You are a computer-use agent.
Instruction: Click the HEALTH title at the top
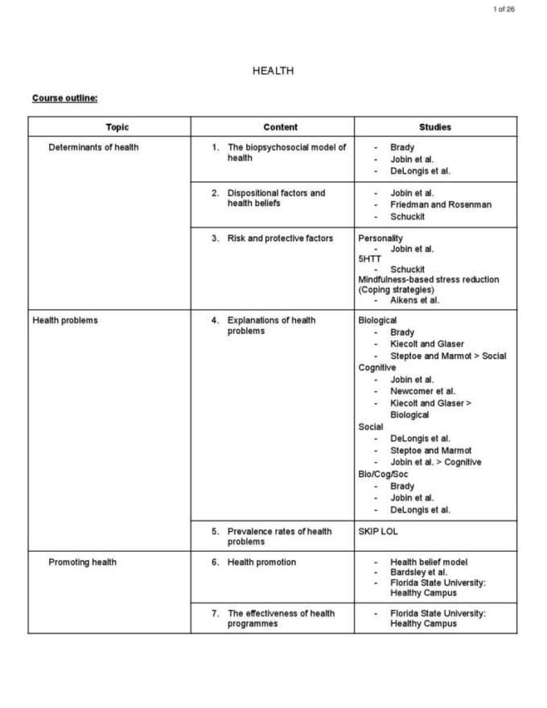click(x=273, y=71)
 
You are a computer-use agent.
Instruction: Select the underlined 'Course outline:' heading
click(x=65, y=98)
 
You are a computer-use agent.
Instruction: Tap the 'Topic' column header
click(x=117, y=127)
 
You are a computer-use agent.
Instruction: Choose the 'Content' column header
click(x=280, y=127)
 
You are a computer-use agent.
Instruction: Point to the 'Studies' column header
click(x=435, y=127)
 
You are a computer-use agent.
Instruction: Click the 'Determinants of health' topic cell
click(x=93, y=147)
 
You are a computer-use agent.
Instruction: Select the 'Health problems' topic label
click(x=65, y=320)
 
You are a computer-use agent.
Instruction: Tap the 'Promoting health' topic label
click(x=82, y=562)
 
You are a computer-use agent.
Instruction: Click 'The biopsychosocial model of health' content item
click(x=286, y=153)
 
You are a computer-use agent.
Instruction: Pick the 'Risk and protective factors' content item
click(x=280, y=238)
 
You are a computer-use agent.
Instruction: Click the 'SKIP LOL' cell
click(x=378, y=532)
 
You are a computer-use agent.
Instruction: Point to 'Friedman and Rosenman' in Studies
click(x=441, y=204)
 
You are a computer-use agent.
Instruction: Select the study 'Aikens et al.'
click(x=415, y=300)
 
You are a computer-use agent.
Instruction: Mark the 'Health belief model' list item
click(x=429, y=562)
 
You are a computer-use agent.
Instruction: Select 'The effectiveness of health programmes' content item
click(x=281, y=618)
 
